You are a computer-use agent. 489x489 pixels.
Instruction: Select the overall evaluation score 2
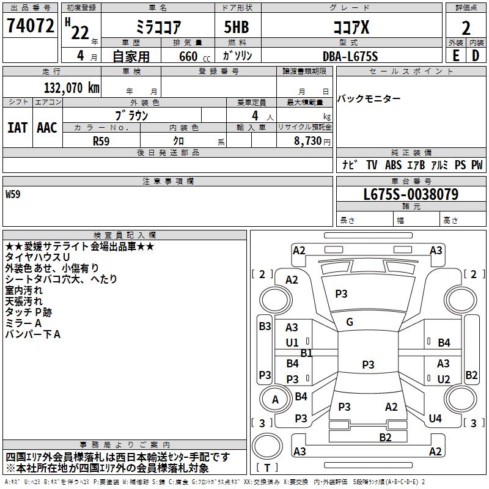point(466,28)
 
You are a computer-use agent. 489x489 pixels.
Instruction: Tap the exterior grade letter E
point(455,56)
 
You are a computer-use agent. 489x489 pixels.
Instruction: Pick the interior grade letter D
point(476,56)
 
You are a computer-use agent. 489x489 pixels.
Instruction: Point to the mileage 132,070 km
point(70,88)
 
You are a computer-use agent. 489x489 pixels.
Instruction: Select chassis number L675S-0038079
point(411,195)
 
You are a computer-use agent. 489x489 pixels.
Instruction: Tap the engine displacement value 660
point(188,56)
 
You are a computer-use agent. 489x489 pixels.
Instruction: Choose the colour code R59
point(101,140)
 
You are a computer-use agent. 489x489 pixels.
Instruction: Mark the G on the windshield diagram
point(350,322)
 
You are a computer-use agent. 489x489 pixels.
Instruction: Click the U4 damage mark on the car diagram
point(435,419)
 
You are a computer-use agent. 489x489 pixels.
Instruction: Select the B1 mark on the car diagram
point(306,353)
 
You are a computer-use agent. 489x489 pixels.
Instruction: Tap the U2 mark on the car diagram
point(444,380)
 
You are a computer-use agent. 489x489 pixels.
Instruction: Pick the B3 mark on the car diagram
point(265,326)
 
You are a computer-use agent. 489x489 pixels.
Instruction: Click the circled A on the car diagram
point(275,400)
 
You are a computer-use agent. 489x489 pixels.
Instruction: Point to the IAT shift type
point(17,128)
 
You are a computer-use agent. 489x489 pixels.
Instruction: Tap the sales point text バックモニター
point(369,99)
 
